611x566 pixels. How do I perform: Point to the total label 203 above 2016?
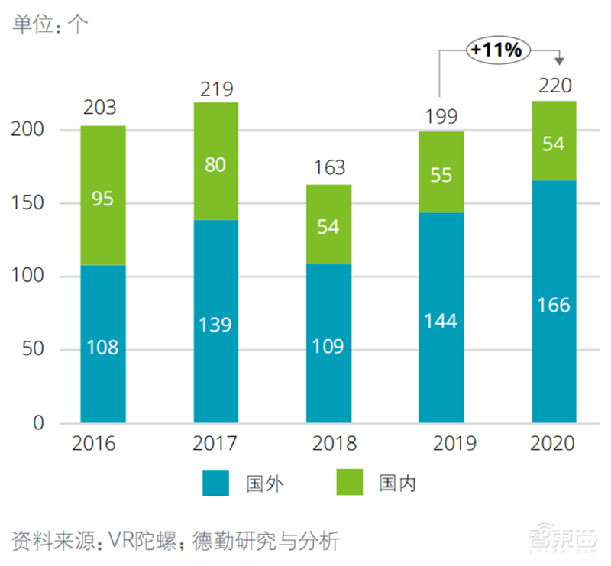pos(102,108)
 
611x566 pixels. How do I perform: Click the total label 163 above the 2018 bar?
pos(328,167)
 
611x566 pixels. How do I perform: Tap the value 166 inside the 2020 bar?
pos(554,305)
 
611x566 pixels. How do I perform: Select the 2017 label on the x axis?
pos(215,444)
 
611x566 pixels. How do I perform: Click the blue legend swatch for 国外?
pos(215,484)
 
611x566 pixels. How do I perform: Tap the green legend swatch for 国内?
pos(349,484)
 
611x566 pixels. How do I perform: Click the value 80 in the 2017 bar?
pos(215,164)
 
